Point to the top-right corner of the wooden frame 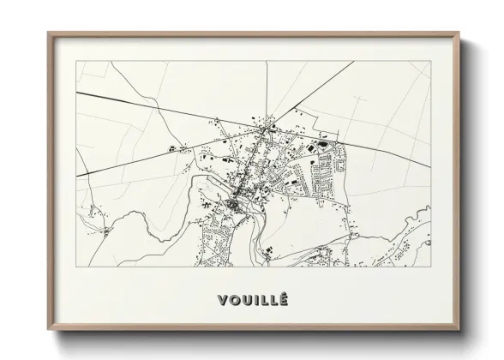(459, 33)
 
